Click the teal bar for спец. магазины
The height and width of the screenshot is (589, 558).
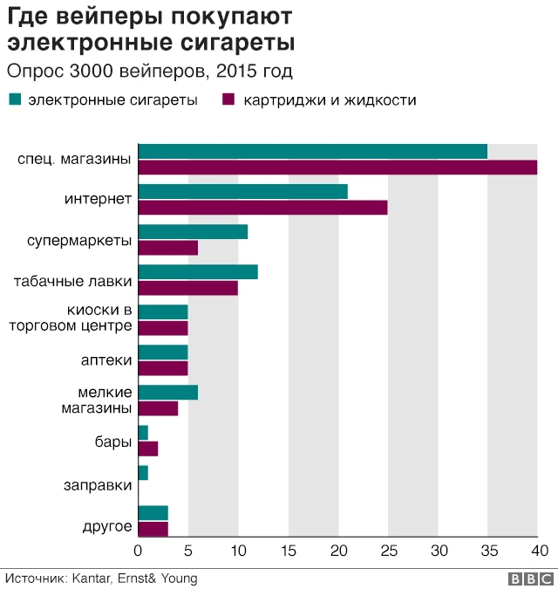point(312,151)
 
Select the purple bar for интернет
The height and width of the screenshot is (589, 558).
point(262,208)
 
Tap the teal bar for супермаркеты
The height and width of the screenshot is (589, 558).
point(193,231)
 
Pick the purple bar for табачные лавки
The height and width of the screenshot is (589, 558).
point(187,288)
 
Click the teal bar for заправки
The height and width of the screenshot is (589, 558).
point(143,473)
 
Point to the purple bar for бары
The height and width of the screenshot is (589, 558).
point(147,449)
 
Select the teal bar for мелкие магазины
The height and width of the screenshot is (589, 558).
point(167,392)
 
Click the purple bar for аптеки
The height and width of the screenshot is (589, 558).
point(163,368)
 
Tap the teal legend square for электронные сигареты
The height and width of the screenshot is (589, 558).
point(14,99)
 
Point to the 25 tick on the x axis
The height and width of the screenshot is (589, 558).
point(388,551)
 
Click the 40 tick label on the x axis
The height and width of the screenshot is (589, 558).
point(540,551)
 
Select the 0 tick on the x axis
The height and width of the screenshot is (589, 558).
point(138,551)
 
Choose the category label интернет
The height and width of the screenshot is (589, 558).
point(98,200)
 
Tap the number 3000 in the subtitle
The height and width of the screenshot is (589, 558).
point(92,71)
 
